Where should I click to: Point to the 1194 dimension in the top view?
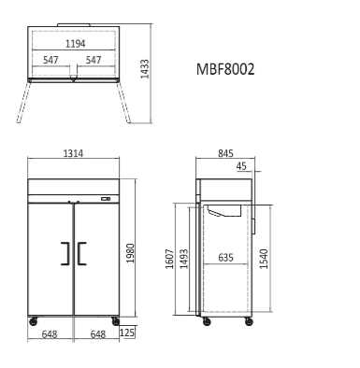[x=74, y=44]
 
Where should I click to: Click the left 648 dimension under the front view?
[x=51, y=333]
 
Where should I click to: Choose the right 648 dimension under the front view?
[x=97, y=333]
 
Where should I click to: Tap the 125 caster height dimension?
[x=128, y=333]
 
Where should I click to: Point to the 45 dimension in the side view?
[x=242, y=168]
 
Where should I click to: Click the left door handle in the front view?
[x=65, y=254]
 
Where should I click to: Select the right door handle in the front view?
[x=81, y=254]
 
